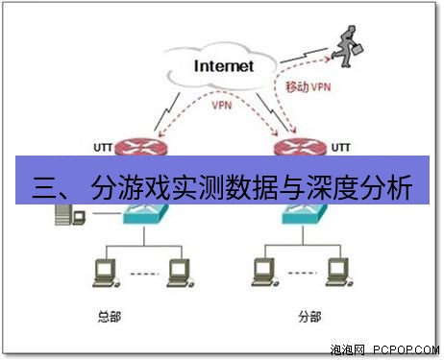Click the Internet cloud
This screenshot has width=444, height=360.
(224, 67)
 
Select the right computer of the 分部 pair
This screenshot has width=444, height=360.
(332, 274)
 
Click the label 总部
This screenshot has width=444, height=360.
(111, 316)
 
